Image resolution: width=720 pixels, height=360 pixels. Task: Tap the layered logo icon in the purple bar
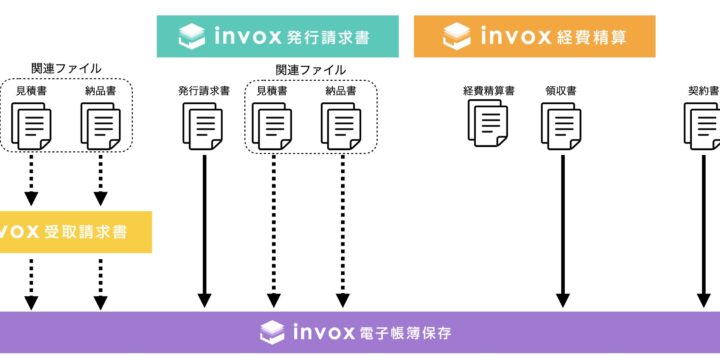[x=270, y=331]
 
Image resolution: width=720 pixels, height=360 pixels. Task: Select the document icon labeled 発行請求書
[x=204, y=124]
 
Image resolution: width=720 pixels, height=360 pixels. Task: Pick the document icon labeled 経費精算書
[x=489, y=124]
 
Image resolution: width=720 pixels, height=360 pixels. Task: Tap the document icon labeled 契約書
[x=703, y=124]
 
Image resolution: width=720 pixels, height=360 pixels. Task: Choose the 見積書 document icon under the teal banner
[x=273, y=124]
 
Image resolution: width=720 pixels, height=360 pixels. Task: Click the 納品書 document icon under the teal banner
[x=342, y=124]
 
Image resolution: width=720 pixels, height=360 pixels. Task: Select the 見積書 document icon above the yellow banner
[x=32, y=124]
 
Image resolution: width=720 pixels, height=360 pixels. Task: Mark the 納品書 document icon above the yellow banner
[x=101, y=124]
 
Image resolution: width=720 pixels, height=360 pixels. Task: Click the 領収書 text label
[x=561, y=90]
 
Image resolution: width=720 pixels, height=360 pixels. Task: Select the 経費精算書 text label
[x=489, y=90]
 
